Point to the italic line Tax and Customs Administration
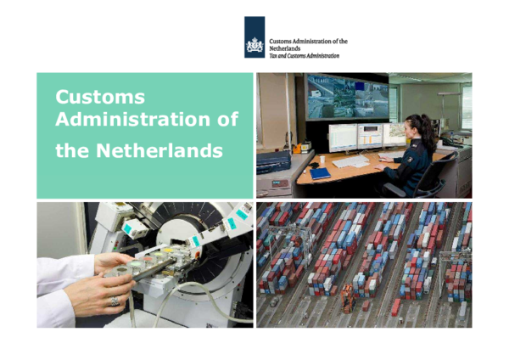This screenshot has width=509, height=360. click(x=304, y=56)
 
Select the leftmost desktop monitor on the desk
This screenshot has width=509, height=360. click(x=342, y=136)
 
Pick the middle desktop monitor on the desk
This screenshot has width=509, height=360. click(x=370, y=134)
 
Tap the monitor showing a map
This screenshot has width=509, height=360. click(x=394, y=133)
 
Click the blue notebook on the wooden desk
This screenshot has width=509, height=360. click(x=320, y=173)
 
